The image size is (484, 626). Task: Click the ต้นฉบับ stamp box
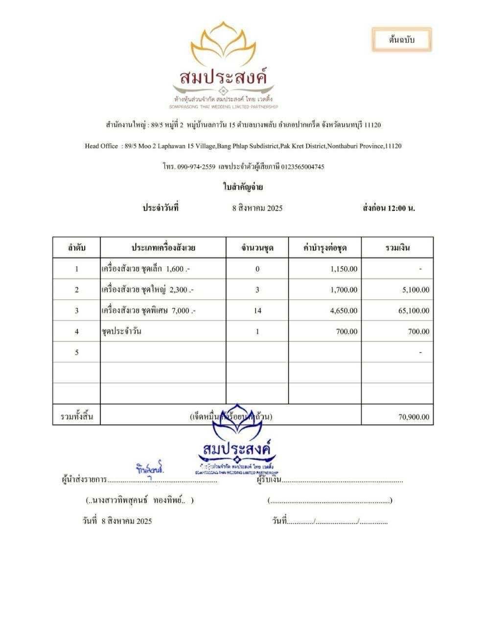click(401, 40)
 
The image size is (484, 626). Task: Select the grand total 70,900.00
click(414, 417)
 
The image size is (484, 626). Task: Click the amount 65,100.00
click(414, 311)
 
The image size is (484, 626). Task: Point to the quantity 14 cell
click(257, 311)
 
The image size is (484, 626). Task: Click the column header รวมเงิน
click(397, 248)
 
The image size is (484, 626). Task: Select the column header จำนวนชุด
click(257, 248)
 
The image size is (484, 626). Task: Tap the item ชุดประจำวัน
click(121, 331)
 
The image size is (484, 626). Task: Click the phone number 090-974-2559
click(196, 167)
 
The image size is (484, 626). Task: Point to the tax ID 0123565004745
click(302, 167)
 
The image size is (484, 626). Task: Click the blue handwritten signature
click(150, 469)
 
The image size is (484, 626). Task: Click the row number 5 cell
click(77, 352)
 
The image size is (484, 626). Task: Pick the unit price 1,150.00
click(344, 269)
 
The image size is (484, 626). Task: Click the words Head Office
click(101, 146)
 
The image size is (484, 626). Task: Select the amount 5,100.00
click(416, 290)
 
